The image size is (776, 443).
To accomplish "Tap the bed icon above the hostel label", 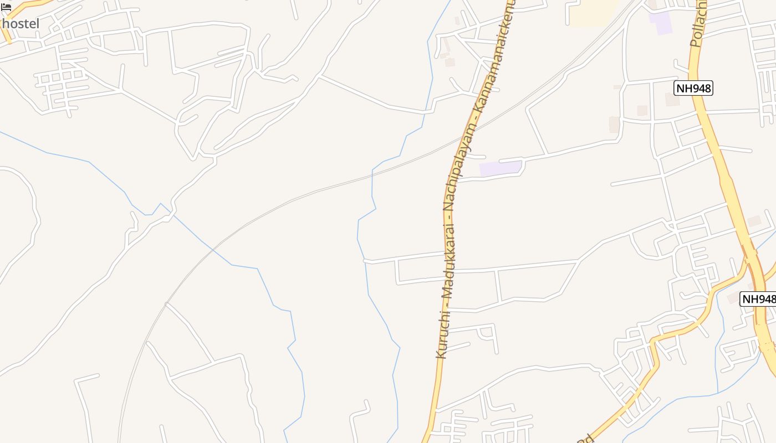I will click(x=6, y=7).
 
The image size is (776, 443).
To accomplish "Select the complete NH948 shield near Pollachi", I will click(x=693, y=87).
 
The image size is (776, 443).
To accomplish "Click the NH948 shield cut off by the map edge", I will click(x=758, y=299).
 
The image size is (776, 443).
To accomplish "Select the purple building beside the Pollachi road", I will click(x=660, y=22).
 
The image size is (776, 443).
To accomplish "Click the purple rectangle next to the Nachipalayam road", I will click(x=501, y=168).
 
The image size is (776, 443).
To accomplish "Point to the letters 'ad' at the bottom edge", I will click(x=585, y=439).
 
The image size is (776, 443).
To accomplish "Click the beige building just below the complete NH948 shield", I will click(x=672, y=100).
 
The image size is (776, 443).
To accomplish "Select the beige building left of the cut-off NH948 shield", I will click(x=733, y=298).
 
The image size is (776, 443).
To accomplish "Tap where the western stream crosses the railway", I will click(x=213, y=251).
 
